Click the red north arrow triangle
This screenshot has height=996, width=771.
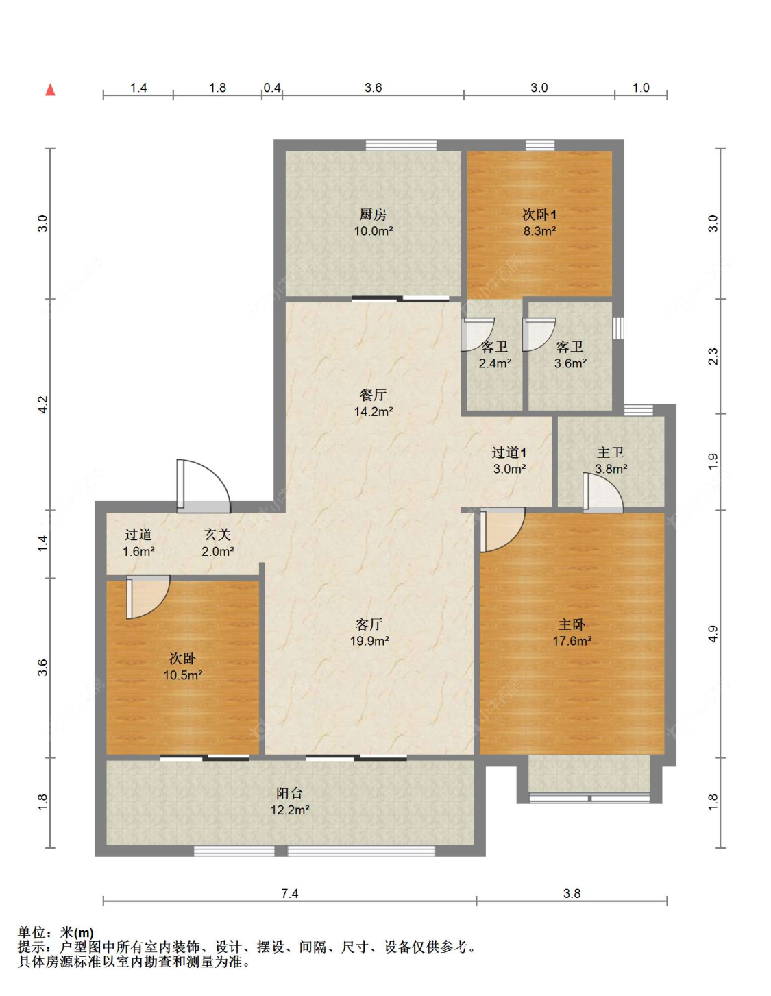[51, 90]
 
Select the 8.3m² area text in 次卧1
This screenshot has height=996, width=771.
[539, 230]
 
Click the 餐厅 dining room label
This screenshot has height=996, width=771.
[373, 395]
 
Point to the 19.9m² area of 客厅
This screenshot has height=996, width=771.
[369, 640]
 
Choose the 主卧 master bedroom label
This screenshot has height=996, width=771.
[572, 624]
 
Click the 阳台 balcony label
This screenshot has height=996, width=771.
[289, 793]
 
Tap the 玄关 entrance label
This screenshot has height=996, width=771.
[217, 534]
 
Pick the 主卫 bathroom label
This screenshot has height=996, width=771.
[610, 452]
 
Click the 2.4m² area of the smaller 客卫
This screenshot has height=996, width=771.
[495, 363]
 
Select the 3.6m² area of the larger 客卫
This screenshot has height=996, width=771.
[570, 363]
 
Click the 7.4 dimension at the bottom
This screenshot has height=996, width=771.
[289, 893]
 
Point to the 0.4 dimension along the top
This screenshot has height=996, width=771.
[271, 87]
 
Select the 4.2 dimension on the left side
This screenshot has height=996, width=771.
[42, 404]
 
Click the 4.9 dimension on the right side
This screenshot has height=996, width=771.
[713, 633]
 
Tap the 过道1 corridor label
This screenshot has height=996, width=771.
[509, 452]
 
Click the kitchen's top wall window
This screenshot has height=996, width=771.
[401, 145]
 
